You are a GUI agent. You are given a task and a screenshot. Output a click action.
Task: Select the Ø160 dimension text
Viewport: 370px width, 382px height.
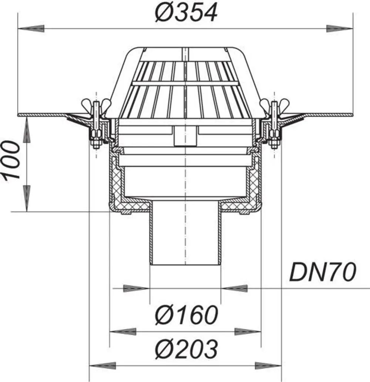click(x=186, y=315)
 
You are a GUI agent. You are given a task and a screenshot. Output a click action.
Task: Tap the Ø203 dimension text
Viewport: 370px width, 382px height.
click(x=186, y=349)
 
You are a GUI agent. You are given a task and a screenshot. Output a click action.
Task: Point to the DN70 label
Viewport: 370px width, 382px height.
click(x=323, y=272)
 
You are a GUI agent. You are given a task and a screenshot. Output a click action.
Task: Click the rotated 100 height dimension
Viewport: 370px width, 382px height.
click(x=11, y=160)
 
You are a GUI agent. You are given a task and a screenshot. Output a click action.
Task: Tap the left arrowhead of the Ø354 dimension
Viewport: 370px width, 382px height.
click(x=31, y=28)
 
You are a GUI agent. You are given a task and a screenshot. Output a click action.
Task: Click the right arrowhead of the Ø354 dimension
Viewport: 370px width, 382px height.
click(x=340, y=28)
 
